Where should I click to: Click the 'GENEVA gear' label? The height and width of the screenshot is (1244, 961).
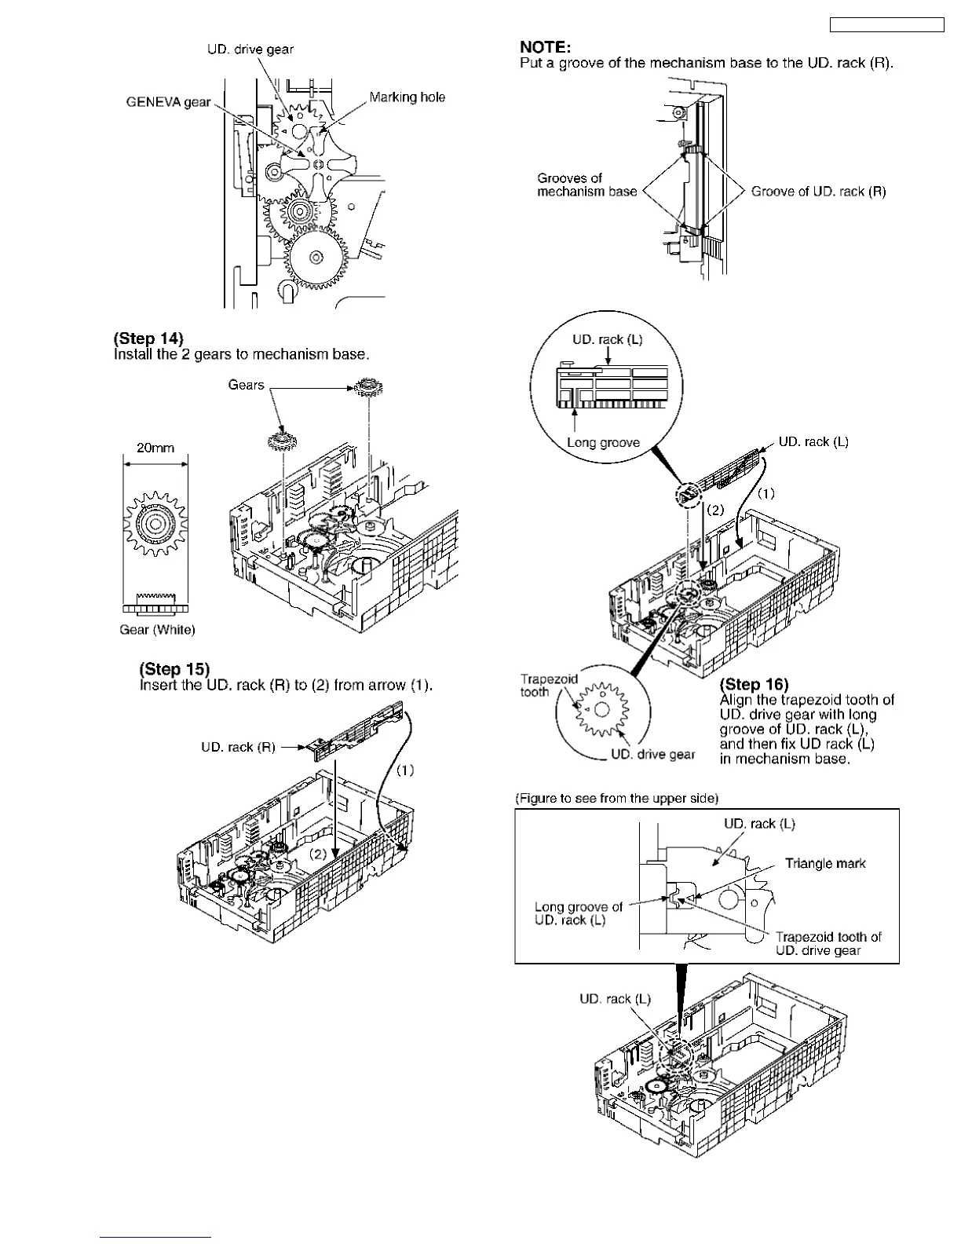point(168,103)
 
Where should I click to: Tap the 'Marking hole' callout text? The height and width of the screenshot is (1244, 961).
point(407,97)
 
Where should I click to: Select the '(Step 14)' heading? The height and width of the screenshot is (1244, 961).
point(148,338)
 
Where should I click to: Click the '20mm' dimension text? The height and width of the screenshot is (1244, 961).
point(155,448)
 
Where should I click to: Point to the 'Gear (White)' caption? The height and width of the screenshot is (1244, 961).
point(157,630)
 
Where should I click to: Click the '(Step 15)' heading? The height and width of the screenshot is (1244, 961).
point(174,669)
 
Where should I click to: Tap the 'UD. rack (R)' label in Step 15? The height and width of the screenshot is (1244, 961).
point(238,748)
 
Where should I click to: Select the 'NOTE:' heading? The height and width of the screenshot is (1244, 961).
point(545,48)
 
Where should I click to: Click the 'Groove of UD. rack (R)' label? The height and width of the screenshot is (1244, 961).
point(818,192)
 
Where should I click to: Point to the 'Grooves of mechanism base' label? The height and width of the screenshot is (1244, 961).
point(586,185)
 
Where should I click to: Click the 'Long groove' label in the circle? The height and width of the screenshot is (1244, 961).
point(603,443)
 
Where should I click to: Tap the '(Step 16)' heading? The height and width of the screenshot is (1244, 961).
point(754,685)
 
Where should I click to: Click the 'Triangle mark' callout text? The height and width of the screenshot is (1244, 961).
point(825,864)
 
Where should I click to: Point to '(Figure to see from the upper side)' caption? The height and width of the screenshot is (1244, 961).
point(616,799)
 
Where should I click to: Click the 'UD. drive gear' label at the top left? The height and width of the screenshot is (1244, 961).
point(250,49)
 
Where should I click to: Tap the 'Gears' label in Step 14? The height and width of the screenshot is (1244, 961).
point(246,385)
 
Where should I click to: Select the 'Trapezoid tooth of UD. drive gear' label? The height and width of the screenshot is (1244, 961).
point(828,944)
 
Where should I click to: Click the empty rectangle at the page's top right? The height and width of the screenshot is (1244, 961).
point(886,25)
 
